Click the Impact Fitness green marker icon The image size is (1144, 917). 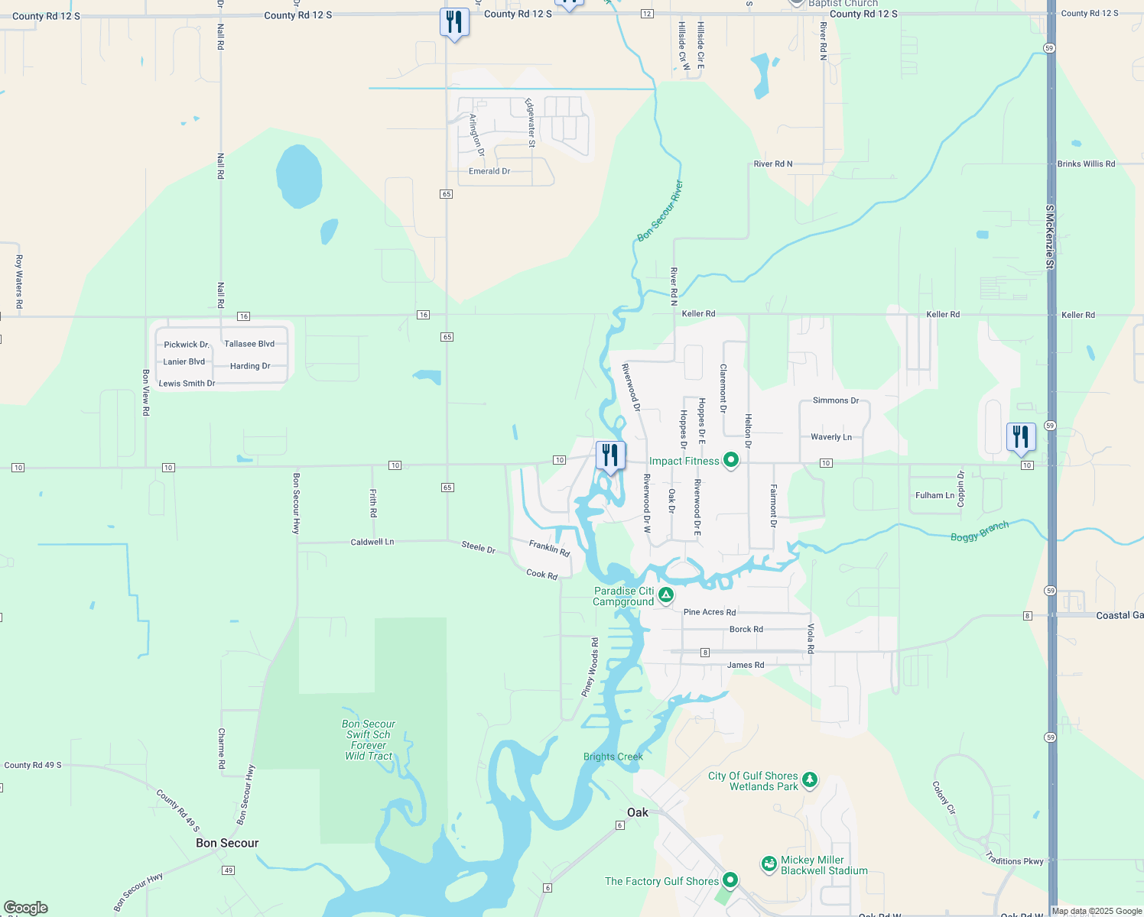pyautogui.click(x=731, y=460)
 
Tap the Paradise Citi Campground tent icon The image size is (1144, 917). pyautogui.click(x=666, y=595)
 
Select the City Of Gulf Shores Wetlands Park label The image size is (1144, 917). pyautogui.click(x=752, y=781)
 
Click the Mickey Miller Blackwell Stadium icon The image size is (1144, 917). pyautogui.click(x=769, y=864)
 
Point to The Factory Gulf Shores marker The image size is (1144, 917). pyautogui.click(x=730, y=880)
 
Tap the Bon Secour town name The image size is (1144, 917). pyautogui.click(x=227, y=843)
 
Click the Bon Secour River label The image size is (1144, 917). pyautogui.click(x=660, y=212)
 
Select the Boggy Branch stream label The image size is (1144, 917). pyautogui.click(x=980, y=531)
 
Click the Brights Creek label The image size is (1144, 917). pyautogui.click(x=613, y=757)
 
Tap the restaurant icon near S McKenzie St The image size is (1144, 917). pyautogui.click(x=1021, y=438)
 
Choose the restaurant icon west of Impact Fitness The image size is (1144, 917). pyautogui.click(x=610, y=456)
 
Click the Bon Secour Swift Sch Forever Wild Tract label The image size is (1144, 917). pyautogui.click(x=369, y=740)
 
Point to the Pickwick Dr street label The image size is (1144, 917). pyautogui.click(x=187, y=345)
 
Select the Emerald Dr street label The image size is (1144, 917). pyautogui.click(x=489, y=171)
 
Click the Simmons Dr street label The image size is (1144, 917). pyautogui.click(x=836, y=400)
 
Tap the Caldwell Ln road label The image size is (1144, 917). pyautogui.click(x=372, y=542)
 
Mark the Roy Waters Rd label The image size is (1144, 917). pyautogui.click(x=19, y=282)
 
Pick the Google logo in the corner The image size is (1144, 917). pyautogui.click(x=26, y=907)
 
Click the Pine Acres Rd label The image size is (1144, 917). pyautogui.click(x=710, y=612)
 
